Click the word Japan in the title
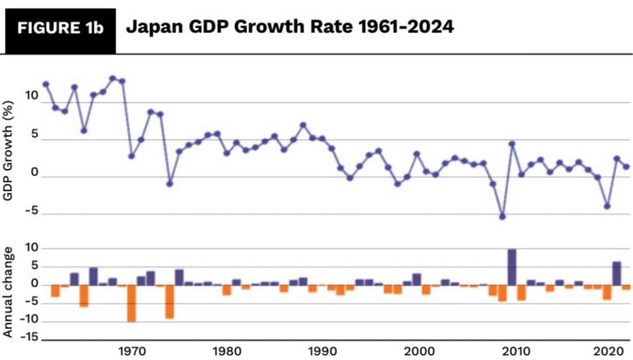153,27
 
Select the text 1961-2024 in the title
407,27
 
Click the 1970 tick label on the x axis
132,351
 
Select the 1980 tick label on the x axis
227,351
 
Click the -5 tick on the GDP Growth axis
32,214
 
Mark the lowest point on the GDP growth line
503,217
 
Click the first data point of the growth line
45,84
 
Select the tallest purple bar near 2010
512,267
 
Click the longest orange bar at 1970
132,303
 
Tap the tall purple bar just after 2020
617,273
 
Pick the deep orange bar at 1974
170,301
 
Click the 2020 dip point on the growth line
607,206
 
